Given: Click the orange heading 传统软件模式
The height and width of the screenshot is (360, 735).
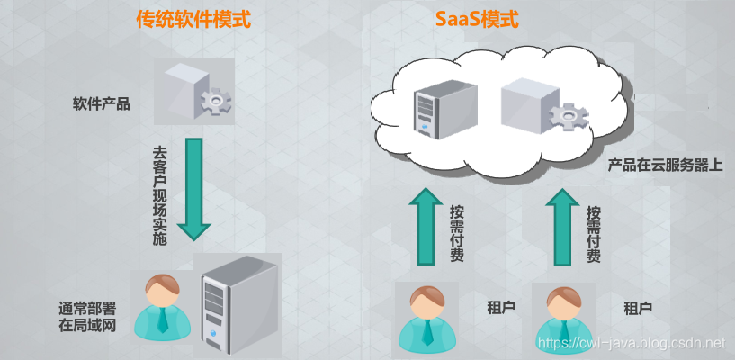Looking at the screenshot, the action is click(x=193, y=20).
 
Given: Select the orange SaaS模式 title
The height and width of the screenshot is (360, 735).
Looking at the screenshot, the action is click(x=477, y=20).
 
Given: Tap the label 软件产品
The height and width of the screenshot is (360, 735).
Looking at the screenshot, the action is click(x=102, y=104).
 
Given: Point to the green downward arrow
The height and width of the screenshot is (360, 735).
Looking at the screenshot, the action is click(x=193, y=189).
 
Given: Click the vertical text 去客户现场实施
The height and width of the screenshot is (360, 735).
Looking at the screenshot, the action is click(x=160, y=196).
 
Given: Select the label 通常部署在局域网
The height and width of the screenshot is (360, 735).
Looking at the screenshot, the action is click(x=87, y=317).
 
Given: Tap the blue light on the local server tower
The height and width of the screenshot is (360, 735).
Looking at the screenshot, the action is click(x=214, y=334).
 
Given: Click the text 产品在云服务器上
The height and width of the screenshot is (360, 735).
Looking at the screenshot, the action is click(x=665, y=166).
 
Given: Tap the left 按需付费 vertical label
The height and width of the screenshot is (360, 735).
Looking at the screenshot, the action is click(x=456, y=232).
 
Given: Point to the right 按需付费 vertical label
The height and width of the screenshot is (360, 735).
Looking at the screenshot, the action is click(x=594, y=232).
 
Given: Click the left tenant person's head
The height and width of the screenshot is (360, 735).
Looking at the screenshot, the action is click(x=427, y=302).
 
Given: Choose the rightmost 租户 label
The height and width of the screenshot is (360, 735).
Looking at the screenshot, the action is click(x=638, y=308).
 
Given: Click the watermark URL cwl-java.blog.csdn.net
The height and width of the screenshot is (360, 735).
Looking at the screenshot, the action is click(x=632, y=344).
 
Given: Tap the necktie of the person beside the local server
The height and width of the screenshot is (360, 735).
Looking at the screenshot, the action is click(x=163, y=319).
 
